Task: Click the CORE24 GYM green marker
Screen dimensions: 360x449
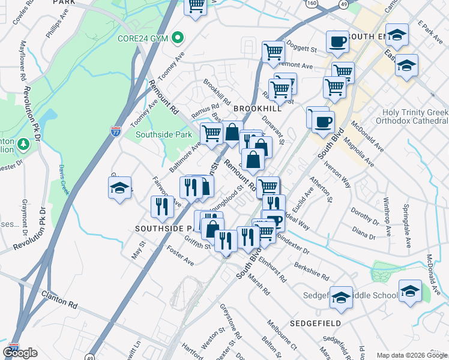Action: point(177,38)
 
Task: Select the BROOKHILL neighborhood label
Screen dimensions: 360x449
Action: point(258,109)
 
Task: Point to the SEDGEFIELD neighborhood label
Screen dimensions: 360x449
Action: point(315,323)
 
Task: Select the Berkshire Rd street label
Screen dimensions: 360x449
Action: point(311,271)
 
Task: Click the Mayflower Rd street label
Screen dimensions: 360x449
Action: point(23,61)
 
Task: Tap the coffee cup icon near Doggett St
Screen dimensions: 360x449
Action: point(337,42)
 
